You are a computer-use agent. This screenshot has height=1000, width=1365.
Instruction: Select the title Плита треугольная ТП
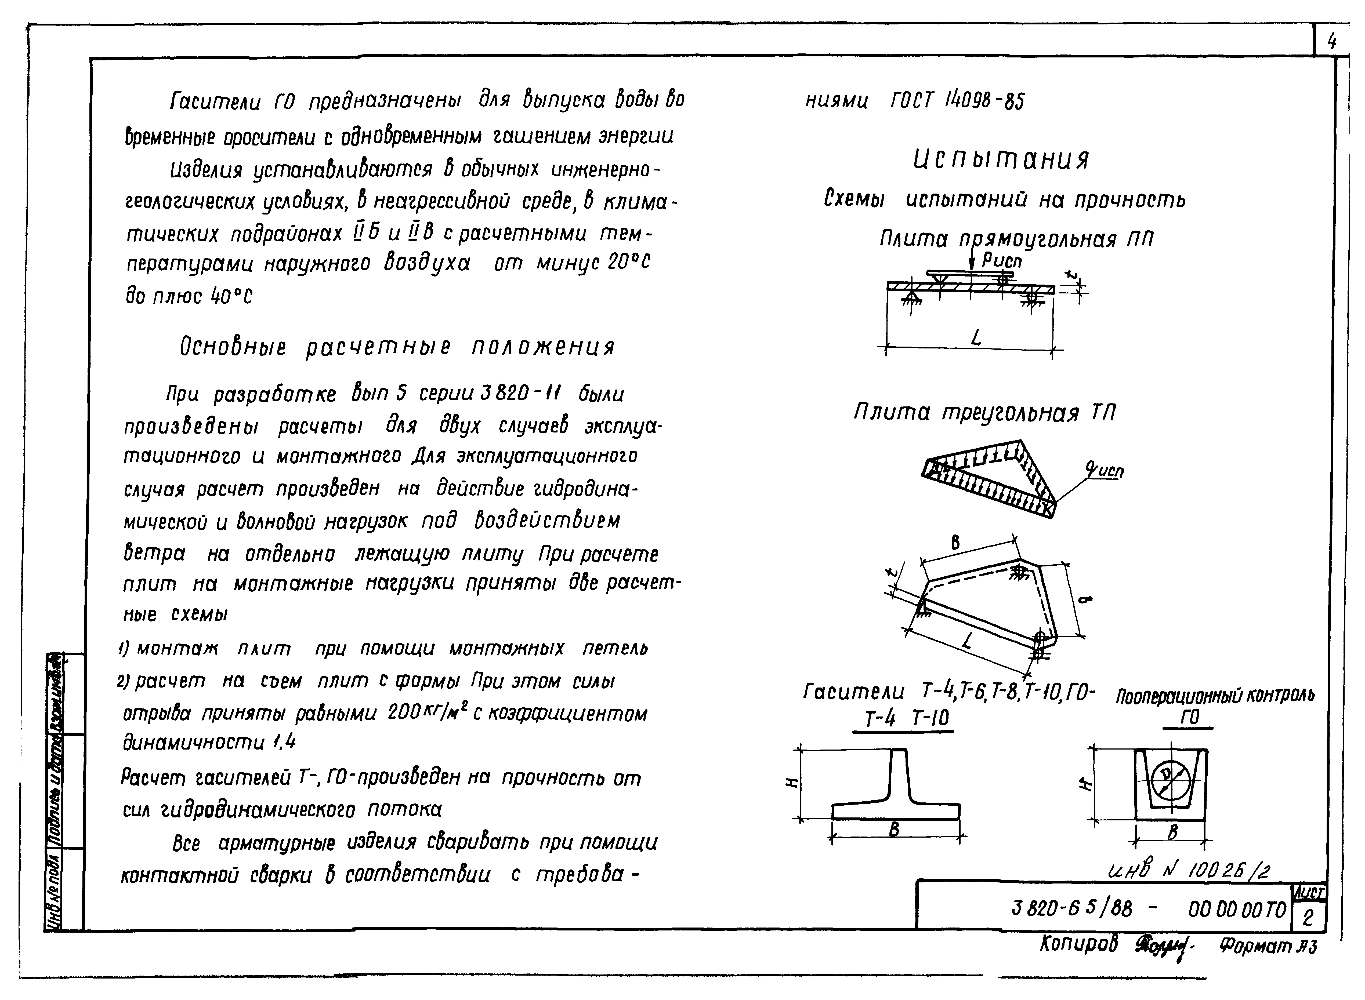(x=984, y=413)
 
